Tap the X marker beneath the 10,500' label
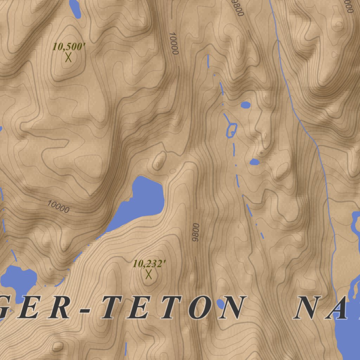coord(68,57)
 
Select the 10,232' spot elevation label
coord(149,263)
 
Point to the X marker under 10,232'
coord(149,274)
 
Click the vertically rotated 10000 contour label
coord(174,43)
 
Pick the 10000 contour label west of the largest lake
coord(58,207)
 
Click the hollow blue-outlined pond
coord(232,130)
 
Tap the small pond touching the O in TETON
coord(220,303)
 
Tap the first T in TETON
coord(113,308)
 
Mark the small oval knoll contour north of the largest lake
coord(159,161)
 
